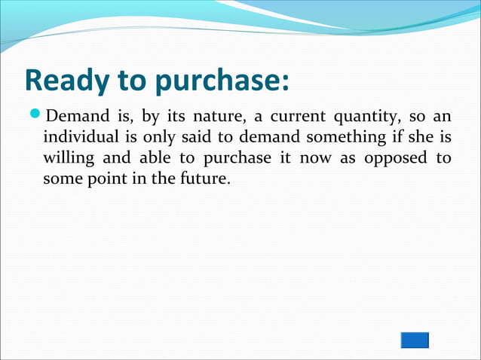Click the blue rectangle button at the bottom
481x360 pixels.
(414, 340)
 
